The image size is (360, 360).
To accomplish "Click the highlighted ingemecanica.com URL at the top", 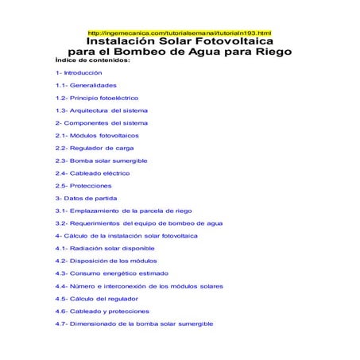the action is (179, 32).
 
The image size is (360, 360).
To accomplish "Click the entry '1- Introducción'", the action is (79, 72).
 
